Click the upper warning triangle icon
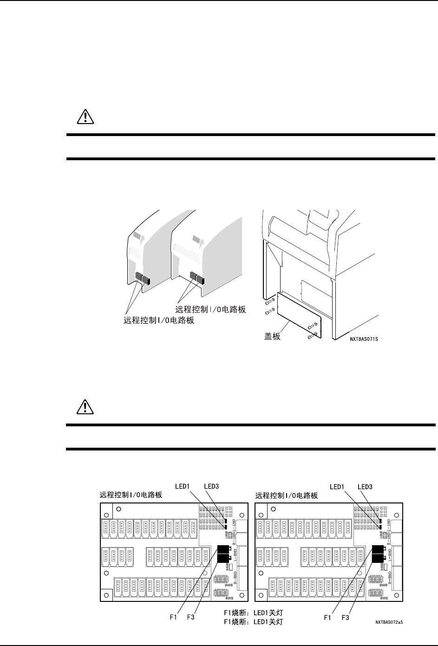tap(85, 117)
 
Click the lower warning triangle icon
tap(85, 407)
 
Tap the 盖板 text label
tap(272, 336)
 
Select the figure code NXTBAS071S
tap(364, 339)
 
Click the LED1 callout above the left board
tap(183, 487)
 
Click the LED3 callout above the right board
tap(367, 487)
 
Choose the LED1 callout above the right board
tap(338, 487)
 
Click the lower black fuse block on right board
tap(379, 558)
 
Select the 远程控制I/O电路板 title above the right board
tap(287, 496)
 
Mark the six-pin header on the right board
tap(383, 511)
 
